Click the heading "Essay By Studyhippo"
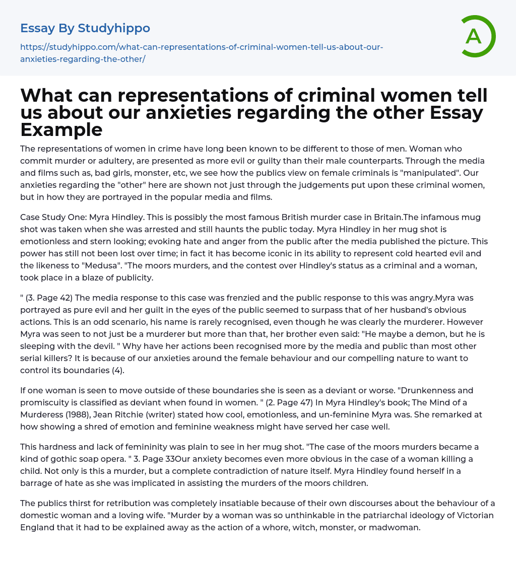click(85, 28)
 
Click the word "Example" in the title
click(61, 130)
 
